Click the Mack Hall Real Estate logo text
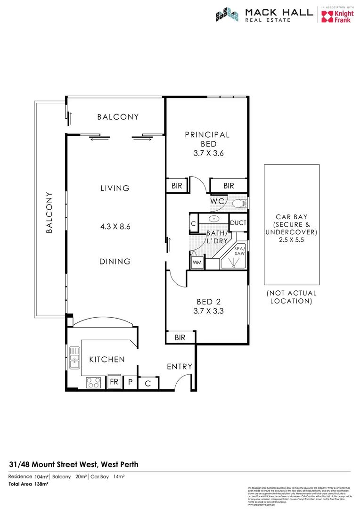278,15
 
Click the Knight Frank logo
337,16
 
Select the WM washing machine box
196,262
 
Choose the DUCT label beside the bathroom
238,223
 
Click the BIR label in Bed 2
180,337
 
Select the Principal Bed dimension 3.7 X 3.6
207,153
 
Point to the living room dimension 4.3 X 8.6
115,226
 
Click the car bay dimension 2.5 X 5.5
290,240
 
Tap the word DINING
115,261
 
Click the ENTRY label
180,366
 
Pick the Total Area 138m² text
29,484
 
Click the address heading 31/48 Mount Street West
74,464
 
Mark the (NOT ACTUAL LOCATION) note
292,297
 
